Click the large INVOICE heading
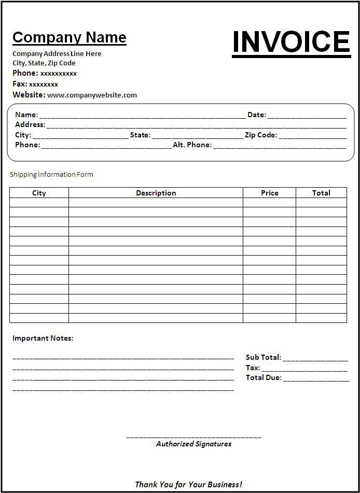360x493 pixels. click(291, 42)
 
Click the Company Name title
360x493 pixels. click(70, 37)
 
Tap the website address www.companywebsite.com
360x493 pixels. click(92, 95)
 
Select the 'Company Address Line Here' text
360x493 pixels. click(57, 53)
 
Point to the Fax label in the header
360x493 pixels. click(20, 83)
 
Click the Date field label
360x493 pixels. click(256, 115)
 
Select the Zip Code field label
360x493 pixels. click(260, 135)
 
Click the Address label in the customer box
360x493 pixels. click(30, 124)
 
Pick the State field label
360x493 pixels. click(140, 135)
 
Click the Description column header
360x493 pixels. click(156, 193)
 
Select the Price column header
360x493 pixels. click(269, 193)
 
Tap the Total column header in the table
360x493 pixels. click(321, 193)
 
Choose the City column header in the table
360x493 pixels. click(39, 193)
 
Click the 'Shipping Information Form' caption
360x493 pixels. click(51, 174)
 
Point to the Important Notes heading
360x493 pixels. click(43, 338)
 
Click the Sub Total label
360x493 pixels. click(263, 357)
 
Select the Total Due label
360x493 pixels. click(264, 377)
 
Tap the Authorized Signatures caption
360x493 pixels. click(193, 444)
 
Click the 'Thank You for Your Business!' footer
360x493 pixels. click(188, 485)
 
